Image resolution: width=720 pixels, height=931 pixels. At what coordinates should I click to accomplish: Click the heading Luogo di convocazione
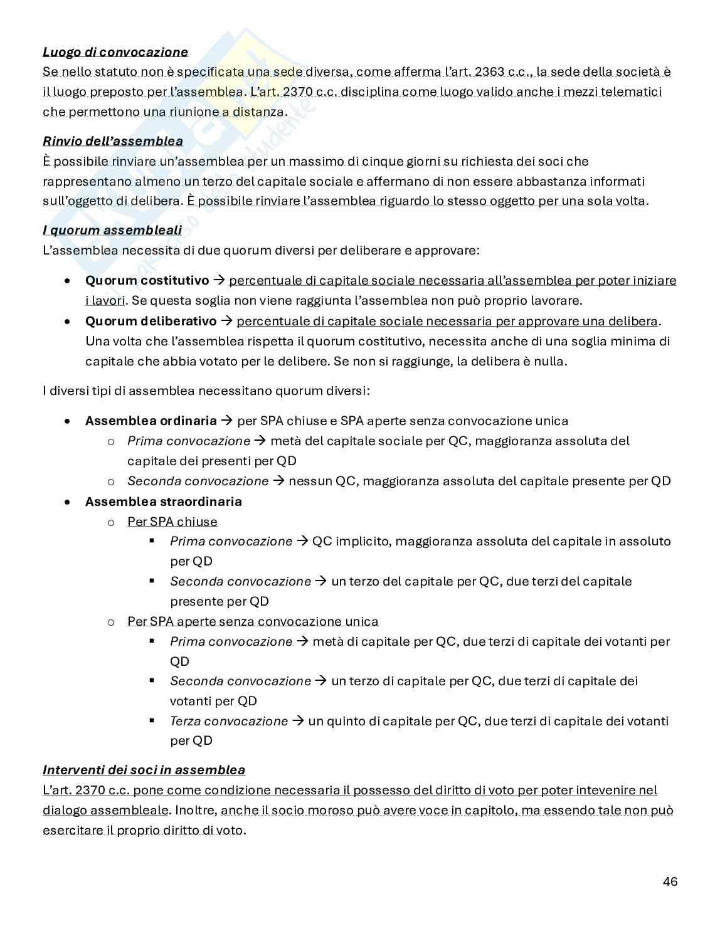[x=115, y=51]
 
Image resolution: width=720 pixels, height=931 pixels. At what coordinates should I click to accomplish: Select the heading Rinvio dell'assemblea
[x=113, y=141]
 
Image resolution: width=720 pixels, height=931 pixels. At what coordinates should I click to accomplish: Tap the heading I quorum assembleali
[x=112, y=230]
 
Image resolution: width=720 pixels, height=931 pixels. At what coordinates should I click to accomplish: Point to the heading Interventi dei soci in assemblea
[x=144, y=770]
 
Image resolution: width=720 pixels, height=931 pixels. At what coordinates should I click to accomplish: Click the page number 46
[x=670, y=881]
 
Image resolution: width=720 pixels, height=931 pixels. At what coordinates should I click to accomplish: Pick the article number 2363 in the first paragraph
[x=495, y=72]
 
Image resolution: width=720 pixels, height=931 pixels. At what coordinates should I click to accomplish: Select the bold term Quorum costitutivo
[x=147, y=280]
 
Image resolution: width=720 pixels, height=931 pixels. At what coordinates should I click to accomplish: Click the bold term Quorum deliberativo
[x=151, y=322]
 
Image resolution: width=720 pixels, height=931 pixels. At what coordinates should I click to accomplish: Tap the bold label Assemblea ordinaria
[x=151, y=421]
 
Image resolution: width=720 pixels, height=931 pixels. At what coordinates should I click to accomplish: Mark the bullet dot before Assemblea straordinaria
[x=67, y=502]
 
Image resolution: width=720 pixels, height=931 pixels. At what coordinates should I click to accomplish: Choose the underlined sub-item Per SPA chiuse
[x=172, y=522]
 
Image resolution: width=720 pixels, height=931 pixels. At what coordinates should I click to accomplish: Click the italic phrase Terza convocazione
[x=229, y=721]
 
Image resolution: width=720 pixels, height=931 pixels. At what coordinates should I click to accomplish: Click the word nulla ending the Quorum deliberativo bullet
[x=551, y=362]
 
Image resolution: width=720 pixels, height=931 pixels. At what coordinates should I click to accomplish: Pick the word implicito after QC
[x=363, y=541]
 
